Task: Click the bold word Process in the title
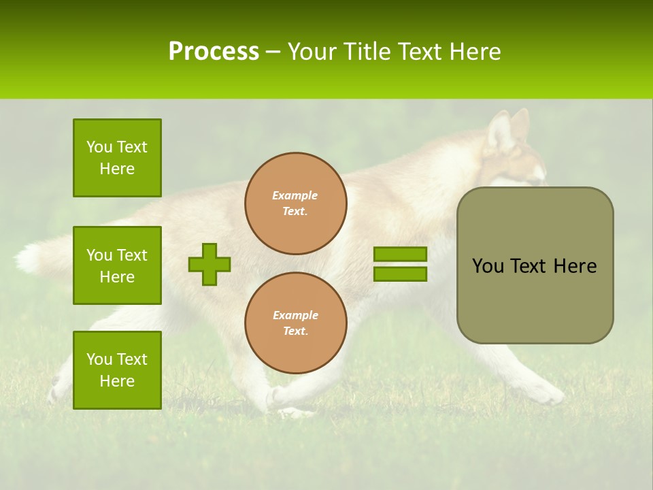point(214,52)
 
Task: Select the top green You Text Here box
point(117,158)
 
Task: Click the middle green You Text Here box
point(117,265)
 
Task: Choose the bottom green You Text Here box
point(117,370)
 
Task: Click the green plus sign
point(210,264)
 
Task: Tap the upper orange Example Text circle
point(296,203)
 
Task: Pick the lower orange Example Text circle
point(296,323)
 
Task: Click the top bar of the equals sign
point(400,255)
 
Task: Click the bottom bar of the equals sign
point(400,274)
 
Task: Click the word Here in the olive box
point(575,266)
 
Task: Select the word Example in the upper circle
point(295,195)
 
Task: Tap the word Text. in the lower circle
point(295,331)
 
